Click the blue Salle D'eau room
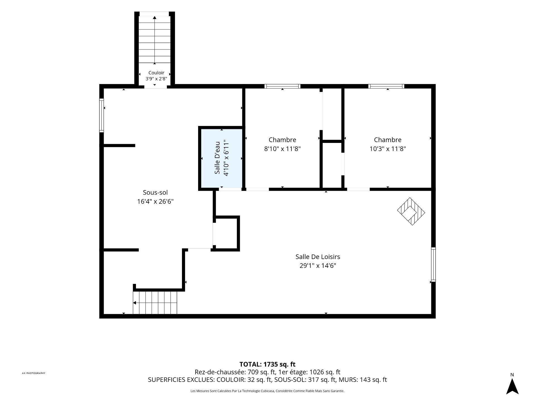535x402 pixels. [222, 158]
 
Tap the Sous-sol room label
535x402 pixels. [155, 192]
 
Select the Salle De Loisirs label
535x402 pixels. [318, 257]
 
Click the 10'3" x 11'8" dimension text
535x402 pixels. [388, 149]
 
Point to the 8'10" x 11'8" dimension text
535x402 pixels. [282, 149]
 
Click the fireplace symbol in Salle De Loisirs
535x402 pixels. [411, 211]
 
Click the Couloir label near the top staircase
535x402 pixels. [156, 73]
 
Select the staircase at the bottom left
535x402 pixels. [155, 303]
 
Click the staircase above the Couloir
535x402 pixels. [154, 39]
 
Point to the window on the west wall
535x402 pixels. [102, 115]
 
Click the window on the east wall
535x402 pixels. [433, 264]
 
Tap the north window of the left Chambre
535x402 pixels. [282, 86]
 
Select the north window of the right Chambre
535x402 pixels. [386, 86]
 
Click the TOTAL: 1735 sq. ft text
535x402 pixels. [267, 364]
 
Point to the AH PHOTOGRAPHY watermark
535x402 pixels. [33, 373]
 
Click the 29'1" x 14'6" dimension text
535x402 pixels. [318, 265]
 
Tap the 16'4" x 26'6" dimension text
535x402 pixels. [155, 202]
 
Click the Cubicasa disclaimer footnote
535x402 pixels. [267, 391]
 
